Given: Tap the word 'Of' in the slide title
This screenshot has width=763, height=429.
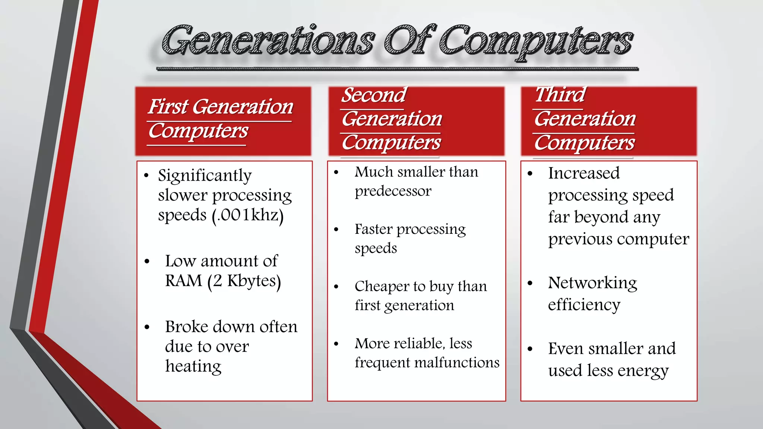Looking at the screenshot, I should click(409, 40).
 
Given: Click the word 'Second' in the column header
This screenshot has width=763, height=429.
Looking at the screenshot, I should click(374, 95).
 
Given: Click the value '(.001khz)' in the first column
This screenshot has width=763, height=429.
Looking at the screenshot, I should click(248, 216).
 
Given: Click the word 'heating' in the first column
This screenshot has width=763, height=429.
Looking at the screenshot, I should click(193, 366).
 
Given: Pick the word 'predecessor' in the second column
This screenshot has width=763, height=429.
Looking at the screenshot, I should click(393, 191).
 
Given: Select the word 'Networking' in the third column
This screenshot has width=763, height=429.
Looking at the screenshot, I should click(592, 283).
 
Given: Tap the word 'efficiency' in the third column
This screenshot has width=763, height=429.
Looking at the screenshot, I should click(584, 305).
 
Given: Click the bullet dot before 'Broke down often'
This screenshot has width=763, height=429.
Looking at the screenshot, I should click(147, 327).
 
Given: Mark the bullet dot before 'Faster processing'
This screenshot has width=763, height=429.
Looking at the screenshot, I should click(336, 230).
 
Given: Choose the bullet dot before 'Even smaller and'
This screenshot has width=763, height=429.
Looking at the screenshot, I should click(530, 349).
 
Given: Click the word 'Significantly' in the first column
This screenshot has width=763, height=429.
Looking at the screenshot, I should click(205, 176).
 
